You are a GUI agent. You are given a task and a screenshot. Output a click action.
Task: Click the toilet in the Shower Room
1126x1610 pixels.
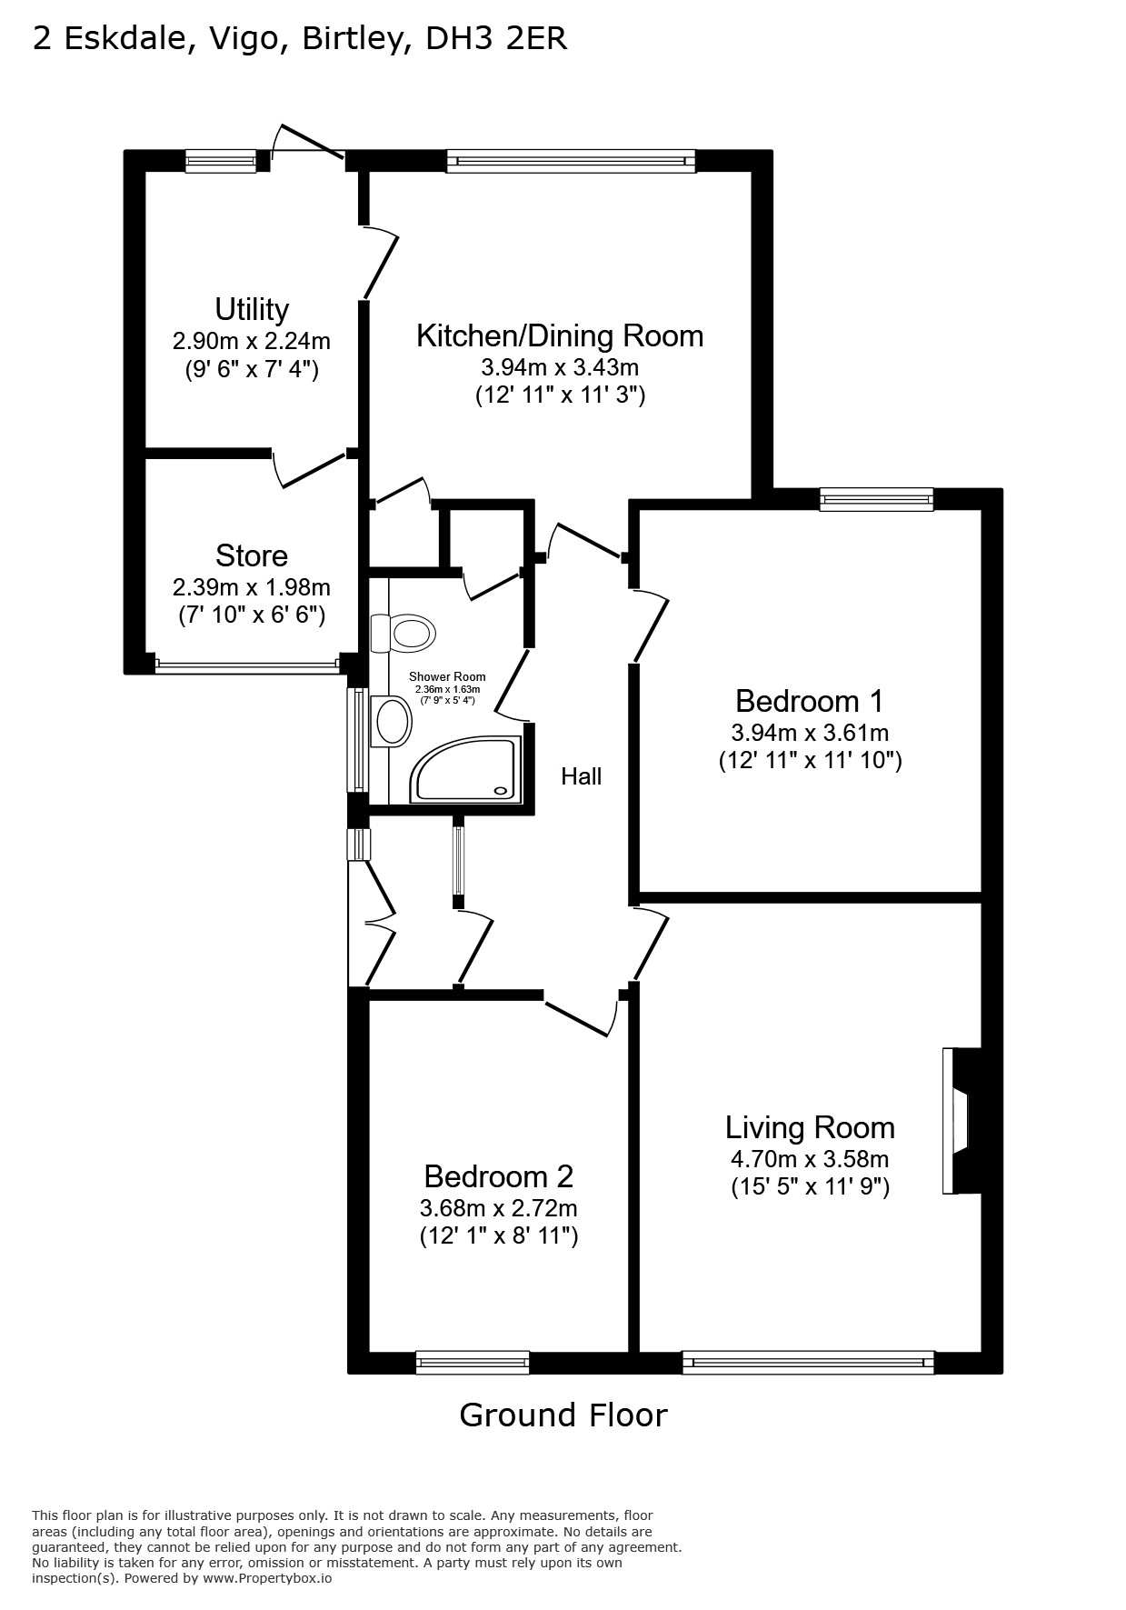(403, 632)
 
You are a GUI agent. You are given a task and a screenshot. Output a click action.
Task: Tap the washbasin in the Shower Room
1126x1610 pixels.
(392, 722)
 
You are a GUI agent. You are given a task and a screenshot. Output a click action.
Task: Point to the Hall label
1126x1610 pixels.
(581, 776)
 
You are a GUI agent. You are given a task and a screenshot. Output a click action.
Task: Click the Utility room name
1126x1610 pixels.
(252, 309)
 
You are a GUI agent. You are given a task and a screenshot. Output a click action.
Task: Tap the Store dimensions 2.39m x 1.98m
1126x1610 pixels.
(252, 587)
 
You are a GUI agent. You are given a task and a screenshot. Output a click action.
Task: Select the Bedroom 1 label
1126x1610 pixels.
(809, 701)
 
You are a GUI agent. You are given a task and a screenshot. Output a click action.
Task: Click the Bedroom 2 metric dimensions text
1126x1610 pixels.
(498, 1208)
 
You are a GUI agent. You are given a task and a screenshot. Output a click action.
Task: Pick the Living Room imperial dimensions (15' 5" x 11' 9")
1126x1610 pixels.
(810, 1186)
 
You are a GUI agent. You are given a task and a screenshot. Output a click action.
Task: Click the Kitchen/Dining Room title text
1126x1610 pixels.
(560, 335)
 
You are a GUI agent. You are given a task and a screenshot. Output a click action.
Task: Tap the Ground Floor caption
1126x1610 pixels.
(563, 1415)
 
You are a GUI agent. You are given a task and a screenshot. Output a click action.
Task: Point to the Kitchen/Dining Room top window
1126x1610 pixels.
(571, 162)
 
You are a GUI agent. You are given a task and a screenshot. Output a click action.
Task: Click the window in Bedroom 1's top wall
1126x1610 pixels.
(876, 498)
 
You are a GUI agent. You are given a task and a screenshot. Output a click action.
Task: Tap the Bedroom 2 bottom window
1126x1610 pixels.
(473, 1362)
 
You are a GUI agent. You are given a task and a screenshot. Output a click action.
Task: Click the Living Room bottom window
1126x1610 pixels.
(808, 1362)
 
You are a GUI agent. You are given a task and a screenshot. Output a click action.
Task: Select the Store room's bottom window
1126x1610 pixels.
(247, 664)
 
